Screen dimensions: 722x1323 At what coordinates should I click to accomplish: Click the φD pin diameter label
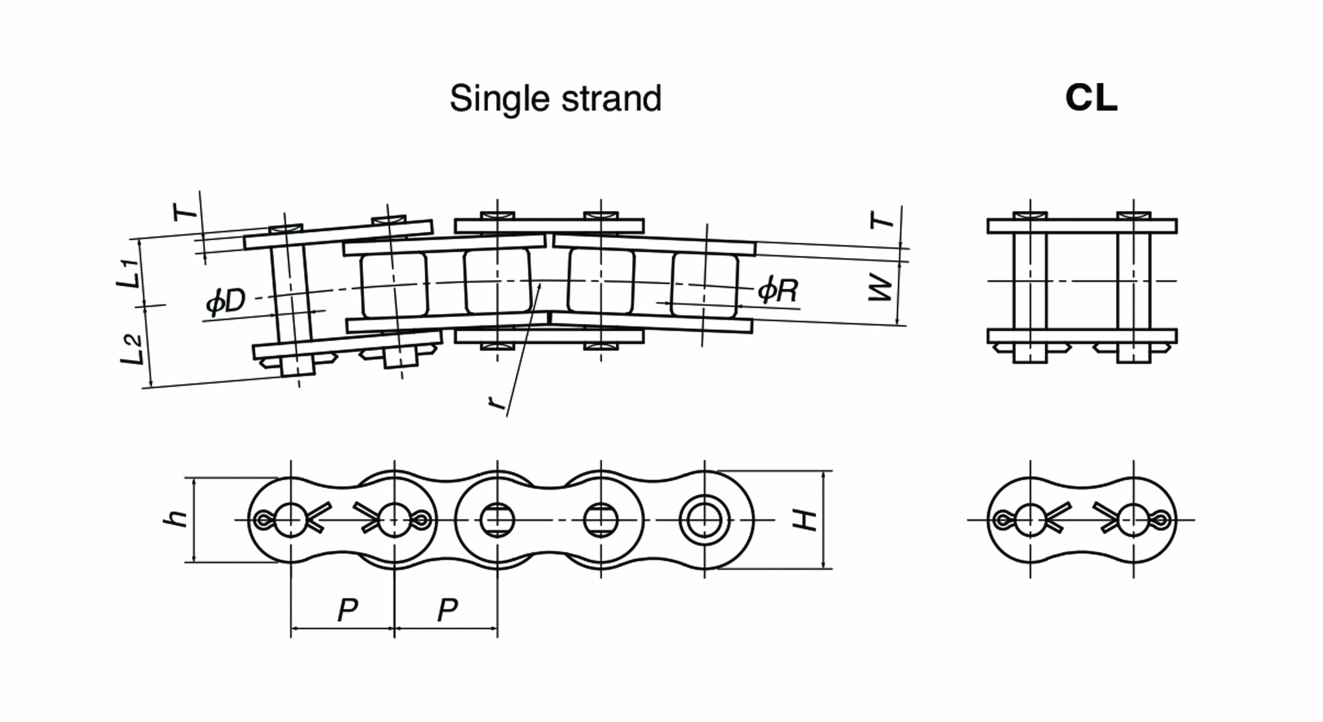225,302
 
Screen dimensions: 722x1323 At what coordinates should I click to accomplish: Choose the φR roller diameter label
778,291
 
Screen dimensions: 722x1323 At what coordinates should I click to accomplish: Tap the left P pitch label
347,611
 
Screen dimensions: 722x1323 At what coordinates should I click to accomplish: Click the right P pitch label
448,611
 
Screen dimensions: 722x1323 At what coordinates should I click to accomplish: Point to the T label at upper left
184,211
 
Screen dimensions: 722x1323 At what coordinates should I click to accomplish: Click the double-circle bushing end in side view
705,520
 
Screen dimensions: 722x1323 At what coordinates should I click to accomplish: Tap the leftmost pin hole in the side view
291,520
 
